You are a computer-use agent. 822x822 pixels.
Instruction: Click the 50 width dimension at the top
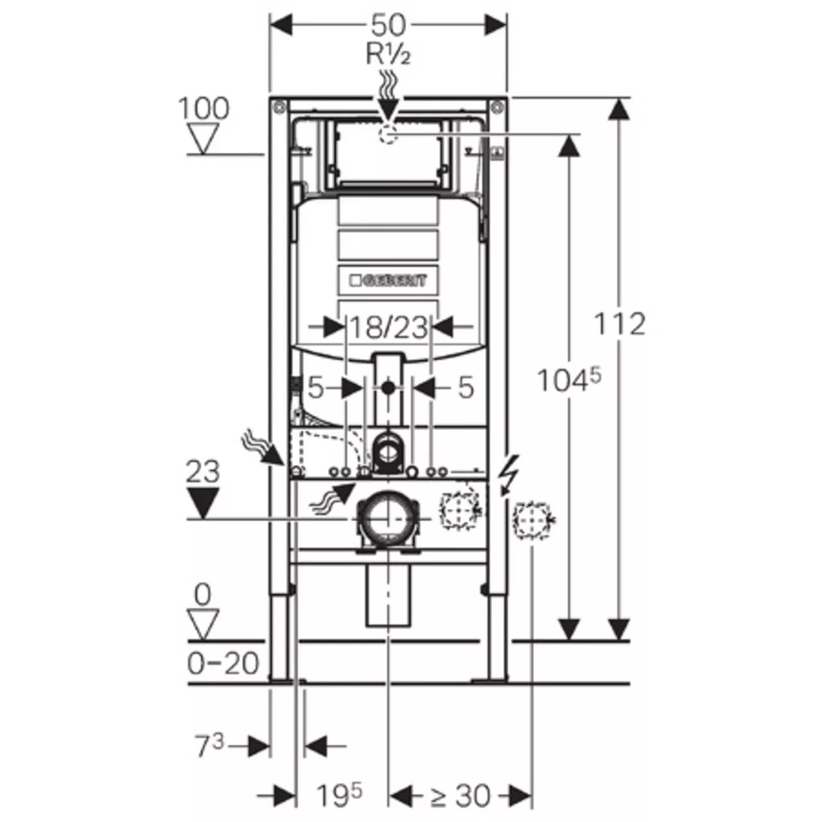click(x=389, y=26)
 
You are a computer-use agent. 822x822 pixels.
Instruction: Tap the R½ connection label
click(x=388, y=55)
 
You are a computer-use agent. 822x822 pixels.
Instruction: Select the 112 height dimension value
click(x=618, y=324)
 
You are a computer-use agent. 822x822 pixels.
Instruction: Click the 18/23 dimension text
click(x=388, y=328)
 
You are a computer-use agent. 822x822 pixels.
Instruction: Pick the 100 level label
click(x=203, y=109)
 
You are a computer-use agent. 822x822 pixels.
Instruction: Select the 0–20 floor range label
click(x=223, y=663)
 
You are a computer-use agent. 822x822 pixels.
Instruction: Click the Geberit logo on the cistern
click(x=388, y=281)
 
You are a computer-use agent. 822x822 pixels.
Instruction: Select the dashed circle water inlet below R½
click(x=388, y=134)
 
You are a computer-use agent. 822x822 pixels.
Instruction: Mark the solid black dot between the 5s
click(x=387, y=387)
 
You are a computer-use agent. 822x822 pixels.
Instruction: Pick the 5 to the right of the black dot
click(x=466, y=387)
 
